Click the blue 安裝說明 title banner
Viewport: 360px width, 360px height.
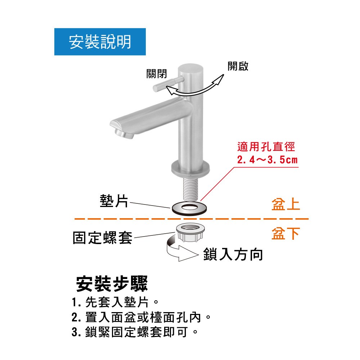pos(100,41)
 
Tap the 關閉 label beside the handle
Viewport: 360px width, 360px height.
pos(157,74)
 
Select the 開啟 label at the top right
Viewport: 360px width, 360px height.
pos(238,66)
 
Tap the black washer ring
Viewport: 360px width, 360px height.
pos(189,209)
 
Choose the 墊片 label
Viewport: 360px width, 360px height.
pos(114,201)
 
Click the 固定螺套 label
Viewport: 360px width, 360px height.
pos(103,237)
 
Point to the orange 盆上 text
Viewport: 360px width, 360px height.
pos(286,204)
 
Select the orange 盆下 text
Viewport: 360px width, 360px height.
pos(286,233)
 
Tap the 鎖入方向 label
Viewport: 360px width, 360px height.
pos(233,254)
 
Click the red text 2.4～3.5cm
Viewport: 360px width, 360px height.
pos(267,160)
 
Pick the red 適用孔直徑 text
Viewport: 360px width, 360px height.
pos(266,147)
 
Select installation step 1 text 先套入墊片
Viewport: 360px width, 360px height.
pos(117,302)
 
